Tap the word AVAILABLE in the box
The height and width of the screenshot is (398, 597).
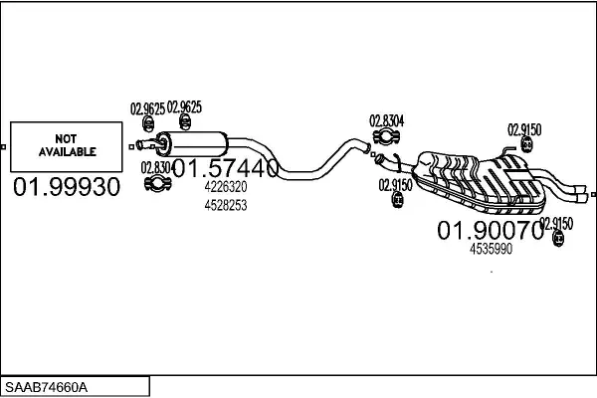click(67, 152)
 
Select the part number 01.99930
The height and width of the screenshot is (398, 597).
click(66, 187)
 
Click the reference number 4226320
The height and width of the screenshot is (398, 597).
click(225, 187)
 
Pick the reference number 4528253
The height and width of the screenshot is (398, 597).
click(225, 205)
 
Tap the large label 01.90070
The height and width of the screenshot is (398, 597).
click(491, 231)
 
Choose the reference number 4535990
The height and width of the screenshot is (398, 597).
click(491, 250)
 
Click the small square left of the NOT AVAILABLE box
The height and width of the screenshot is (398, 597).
click(4, 147)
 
